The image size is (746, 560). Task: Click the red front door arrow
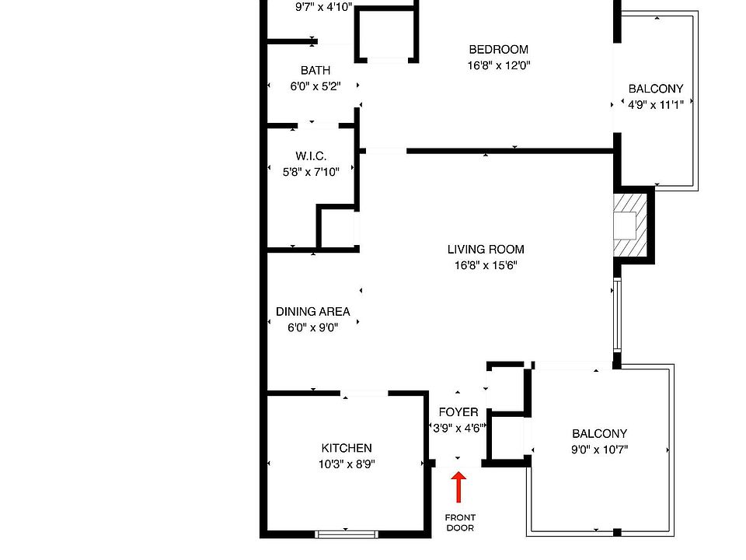(458, 487)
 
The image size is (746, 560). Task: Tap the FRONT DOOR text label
(460, 523)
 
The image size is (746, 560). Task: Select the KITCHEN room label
(347, 448)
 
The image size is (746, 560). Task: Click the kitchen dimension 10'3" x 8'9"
(347, 464)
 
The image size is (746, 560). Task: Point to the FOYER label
(458, 412)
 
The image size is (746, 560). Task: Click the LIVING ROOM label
(486, 250)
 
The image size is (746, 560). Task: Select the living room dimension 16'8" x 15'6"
(486, 265)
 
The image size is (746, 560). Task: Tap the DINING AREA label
(312, 311)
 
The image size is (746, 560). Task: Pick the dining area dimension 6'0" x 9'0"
(312, 327)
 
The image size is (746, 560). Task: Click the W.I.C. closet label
(311, 156)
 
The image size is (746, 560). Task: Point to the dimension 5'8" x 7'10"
(311, 172)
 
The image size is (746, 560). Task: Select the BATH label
(315, 71)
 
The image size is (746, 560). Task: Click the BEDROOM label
(499, 50)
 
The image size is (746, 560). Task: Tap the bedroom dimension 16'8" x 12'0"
(499, 65)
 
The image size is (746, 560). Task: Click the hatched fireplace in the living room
(630, 226)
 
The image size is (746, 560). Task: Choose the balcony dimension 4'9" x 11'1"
(656, 105)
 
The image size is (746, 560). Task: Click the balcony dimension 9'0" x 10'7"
(599, 450)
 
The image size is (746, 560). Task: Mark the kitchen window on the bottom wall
(347, 535)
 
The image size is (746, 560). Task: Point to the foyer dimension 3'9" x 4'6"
(458, 428)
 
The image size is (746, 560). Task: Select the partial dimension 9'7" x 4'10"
(323, 7)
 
